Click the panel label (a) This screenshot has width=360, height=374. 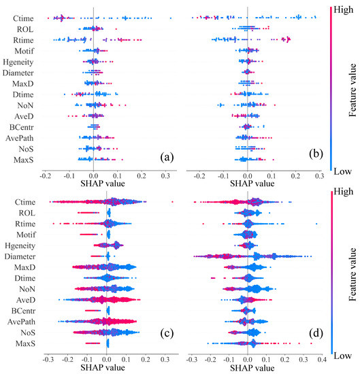pos(165,156)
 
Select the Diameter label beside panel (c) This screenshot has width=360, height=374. pos(18,256)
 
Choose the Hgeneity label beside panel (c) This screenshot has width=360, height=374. pos(18,245)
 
